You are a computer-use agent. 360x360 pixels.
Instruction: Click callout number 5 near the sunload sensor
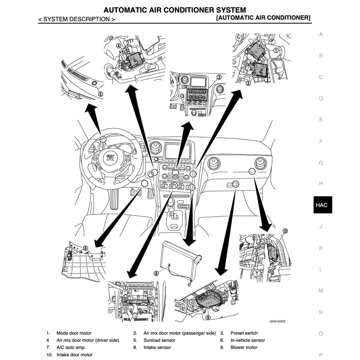tap(100, 94)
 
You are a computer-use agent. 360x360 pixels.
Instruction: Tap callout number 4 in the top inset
tap(118, 46)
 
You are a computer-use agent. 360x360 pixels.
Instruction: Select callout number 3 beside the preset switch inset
tap(219, 77)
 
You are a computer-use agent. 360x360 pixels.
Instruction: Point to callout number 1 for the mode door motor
tap(276, 50)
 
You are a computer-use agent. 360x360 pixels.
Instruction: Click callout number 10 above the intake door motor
tap(285, 231)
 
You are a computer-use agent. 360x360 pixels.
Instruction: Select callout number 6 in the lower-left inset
tap(85, 248)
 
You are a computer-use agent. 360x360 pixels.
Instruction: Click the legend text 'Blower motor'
tap(244, 347)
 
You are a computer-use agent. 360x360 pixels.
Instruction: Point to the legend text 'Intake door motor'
tap(75, 355)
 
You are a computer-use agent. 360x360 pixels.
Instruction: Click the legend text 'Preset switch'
tap(244, 333)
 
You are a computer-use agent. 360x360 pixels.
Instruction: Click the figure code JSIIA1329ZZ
tap(278, 321)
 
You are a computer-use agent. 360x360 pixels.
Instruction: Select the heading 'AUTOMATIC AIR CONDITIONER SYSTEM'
tap(175, 10)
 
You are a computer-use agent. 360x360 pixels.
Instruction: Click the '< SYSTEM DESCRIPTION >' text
tap(77, 19)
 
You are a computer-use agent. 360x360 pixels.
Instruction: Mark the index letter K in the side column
tap(321, 248)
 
